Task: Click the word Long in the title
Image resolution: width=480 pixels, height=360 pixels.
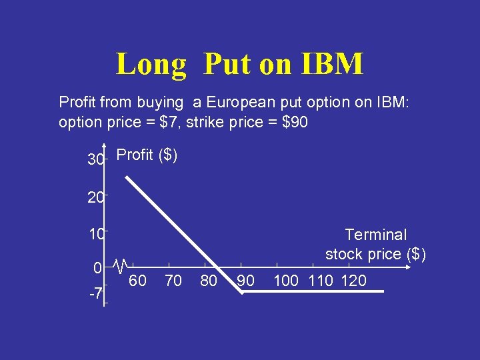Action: coord(151,65)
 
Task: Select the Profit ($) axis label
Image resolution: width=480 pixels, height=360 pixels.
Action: coord(147,155)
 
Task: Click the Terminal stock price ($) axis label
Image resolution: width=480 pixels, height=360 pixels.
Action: coord(375,244)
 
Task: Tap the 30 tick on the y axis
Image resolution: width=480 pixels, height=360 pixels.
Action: coord(95,160)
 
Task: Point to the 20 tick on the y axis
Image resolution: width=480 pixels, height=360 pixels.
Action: coord(95,197)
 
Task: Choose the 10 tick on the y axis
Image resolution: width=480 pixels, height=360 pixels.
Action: coord(95,234)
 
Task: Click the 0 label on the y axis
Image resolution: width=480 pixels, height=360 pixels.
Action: coord(97,269)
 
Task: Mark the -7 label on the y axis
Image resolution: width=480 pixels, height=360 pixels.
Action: coord(95,294)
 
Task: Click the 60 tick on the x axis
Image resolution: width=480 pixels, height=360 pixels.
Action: coord(137,281)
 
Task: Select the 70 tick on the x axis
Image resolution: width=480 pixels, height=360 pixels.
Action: coord(173,281)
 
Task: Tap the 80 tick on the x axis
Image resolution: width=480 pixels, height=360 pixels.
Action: coord(209,281)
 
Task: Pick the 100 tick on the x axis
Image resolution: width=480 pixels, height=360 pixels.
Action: coord(286,281)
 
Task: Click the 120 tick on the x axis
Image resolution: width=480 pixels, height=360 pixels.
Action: coord(353,281)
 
